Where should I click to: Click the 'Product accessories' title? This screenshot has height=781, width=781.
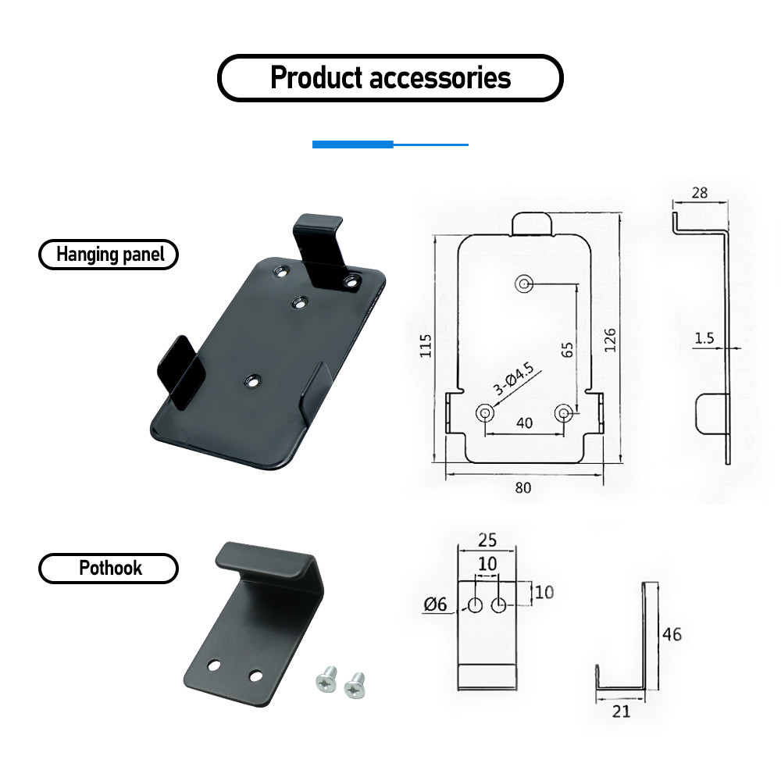point(390,77)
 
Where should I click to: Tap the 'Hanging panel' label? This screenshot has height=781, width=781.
point(110,254)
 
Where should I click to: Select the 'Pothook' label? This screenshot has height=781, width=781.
point(110,568)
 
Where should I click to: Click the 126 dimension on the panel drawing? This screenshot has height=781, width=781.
point(610,340)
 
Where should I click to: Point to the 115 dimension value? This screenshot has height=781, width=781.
point(426,345)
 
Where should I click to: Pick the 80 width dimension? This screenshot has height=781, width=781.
point(523,487)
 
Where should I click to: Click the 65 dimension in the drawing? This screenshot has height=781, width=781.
point(567,350)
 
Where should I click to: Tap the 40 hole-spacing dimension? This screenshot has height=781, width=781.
point(525,423)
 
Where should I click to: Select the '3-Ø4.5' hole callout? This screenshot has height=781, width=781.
point(514,380)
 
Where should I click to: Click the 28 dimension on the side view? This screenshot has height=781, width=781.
point(699,193)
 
